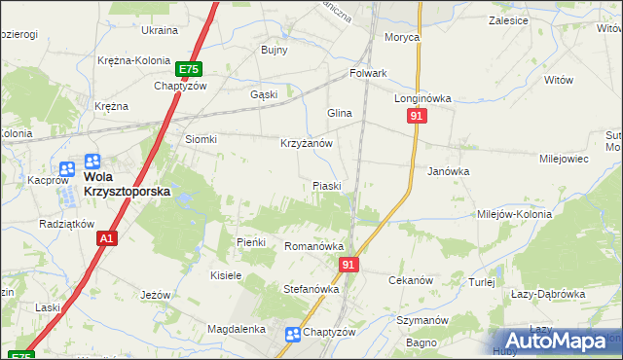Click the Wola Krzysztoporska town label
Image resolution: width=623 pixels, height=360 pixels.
click(127, 185)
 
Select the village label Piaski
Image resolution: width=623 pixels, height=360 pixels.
click(326, 186)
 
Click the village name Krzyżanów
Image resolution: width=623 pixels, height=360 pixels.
click(307, 143)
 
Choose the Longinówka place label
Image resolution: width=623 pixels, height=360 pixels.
click(422, 99)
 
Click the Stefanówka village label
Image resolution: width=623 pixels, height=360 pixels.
click(311, 289)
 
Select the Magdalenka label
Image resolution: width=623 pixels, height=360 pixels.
click(238, 330)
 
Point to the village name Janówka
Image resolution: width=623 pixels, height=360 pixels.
click(449, 170)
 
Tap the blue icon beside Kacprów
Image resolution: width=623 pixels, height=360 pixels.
click(67, 167)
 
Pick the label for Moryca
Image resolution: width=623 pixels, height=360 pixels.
click(402, 37)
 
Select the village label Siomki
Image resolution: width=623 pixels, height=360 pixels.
click(202, 139)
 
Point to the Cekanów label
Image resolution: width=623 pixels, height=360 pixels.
click(410, 280)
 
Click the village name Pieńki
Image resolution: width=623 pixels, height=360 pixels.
click(252, 241)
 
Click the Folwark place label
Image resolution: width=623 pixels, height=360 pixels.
click(369, 73)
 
